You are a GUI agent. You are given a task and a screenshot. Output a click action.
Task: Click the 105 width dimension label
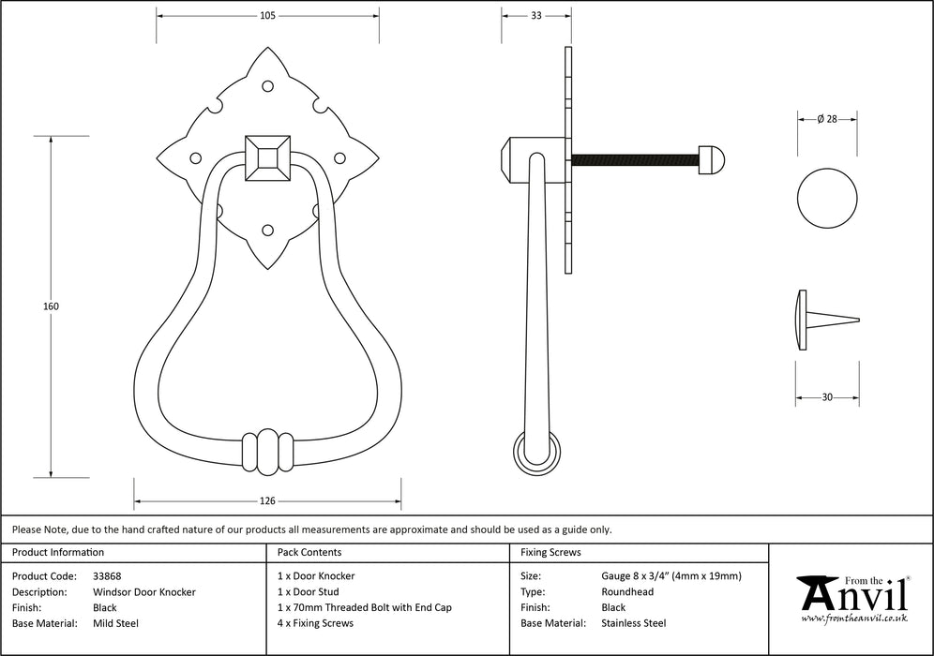pyautogui.click(x=267, y=15)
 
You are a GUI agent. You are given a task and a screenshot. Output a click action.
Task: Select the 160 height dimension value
pyautogui.click(x=51, y=306)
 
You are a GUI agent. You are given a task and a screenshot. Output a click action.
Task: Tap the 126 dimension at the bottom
pyautogui.click(x=267, y=500)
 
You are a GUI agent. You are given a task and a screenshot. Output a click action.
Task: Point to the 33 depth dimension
pyautogui.click(x=535, y=15)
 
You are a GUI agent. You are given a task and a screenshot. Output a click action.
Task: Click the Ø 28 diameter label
pyautogui.click(x=826, y=118)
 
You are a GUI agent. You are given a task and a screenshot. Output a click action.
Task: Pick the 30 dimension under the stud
pyautogui.click(x=827, y=397)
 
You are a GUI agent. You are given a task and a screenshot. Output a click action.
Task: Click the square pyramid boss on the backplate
pyautogui.click(x=267, y=157)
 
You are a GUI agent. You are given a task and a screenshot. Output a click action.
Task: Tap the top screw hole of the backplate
pyautogui.click(x=267, y=86)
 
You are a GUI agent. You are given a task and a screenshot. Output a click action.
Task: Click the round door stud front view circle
pyautogui.click(x=827, y=198)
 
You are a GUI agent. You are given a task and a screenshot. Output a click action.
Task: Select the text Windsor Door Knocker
pyautogui.click(x=143, y=592)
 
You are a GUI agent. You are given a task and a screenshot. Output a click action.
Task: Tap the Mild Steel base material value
pyautogui.click(x=115, y=623)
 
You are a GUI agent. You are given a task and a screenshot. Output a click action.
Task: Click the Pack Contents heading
pyautogui.click(x=309, y=553)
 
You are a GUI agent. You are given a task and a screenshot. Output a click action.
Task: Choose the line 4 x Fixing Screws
pyautogui.click(x=316, y=623)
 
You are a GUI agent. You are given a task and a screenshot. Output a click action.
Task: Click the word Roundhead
pyautogui.click(x=627, y=592)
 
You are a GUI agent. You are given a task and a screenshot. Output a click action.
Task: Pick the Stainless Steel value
pyautogui.click(x=633, y=623)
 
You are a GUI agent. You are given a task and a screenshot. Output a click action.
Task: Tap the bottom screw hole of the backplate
pyautogui.click(x=267, y=230)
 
